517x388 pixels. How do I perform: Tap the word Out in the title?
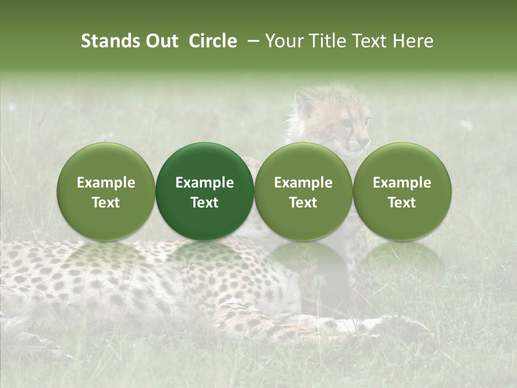(160, 41)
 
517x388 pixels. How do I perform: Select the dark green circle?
(205, 191)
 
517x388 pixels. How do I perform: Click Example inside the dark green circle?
(205, 183)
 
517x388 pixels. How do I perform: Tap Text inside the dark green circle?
(205, 203)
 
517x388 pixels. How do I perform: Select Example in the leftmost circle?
(106, 183)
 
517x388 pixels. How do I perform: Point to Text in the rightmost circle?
(402, 203)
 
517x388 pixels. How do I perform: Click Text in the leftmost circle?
(106, 203)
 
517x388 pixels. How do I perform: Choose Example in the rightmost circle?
(402, 183)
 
